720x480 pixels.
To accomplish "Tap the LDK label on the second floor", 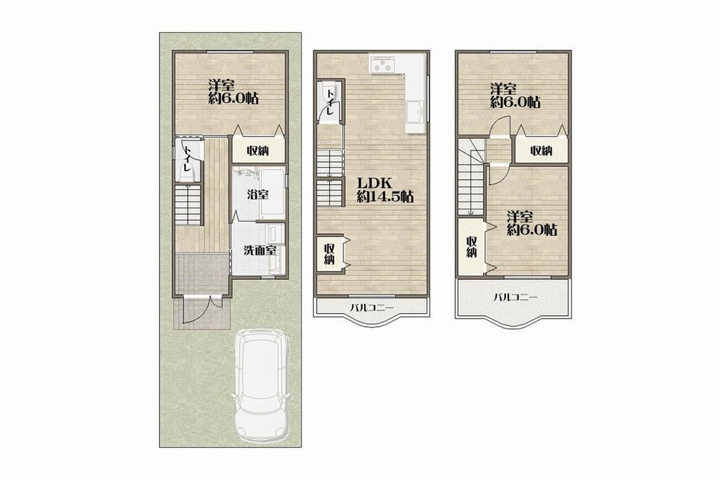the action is pyautogui.click(x=374, y=183).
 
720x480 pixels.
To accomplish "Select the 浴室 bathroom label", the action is pyautogui.click(x=257, y=194).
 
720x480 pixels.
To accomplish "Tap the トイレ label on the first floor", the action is pyautogui.click(x=187, y=158).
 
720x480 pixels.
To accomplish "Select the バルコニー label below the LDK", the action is pyautogui.click(x=372, y=307).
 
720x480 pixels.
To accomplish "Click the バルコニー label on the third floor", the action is pyautogui.click(x=516, y=297).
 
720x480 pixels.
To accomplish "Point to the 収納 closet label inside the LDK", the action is pyautogui.click(x=329, y=254).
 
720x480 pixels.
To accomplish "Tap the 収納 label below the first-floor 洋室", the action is pyautogui.click(x=257, y=150).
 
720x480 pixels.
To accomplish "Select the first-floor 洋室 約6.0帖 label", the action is pyautogui.click(x=233, y=92).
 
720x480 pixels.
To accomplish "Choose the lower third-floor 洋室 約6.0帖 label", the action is pyautogui.click(x=532, y=224).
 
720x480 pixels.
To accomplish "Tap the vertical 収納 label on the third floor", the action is pyautogui.click(x=472, y=246).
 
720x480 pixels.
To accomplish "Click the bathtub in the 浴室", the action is pyautogui.click(x=272, y=194).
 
